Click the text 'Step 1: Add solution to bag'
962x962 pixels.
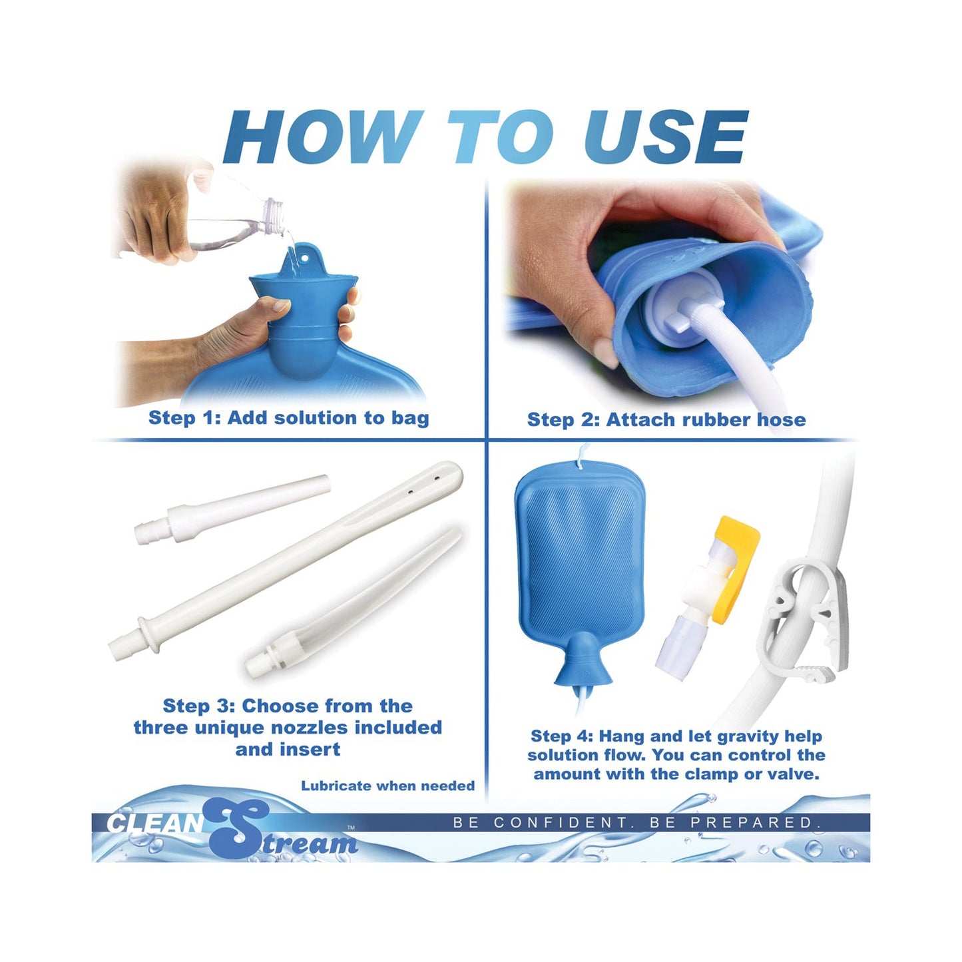tap(288, 418)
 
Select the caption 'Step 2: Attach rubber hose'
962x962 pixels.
tap(666, 419)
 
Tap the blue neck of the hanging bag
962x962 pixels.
tap(583, 659)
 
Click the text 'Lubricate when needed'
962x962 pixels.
tap(387, 786)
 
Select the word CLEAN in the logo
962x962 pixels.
tap(154, 824)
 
